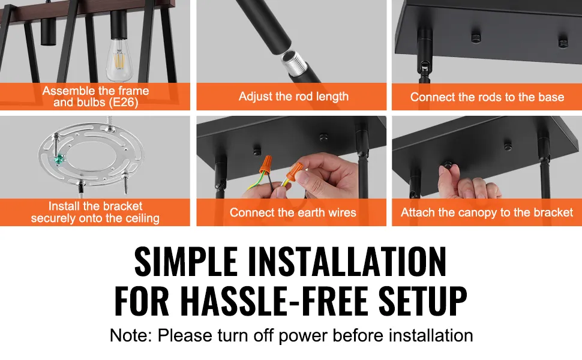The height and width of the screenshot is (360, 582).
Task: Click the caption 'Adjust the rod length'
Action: [x=293, y=96]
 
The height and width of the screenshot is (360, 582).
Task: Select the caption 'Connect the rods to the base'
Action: [x=487, y=97]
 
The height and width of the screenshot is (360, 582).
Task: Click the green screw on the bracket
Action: [x=58, y=161]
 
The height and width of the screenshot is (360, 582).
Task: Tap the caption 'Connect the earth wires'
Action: [x=293, y=212]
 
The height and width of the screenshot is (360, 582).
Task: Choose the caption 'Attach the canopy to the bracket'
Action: [x=487, y=212]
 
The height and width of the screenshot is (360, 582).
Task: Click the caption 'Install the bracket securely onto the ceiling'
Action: [x=95, y=212]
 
